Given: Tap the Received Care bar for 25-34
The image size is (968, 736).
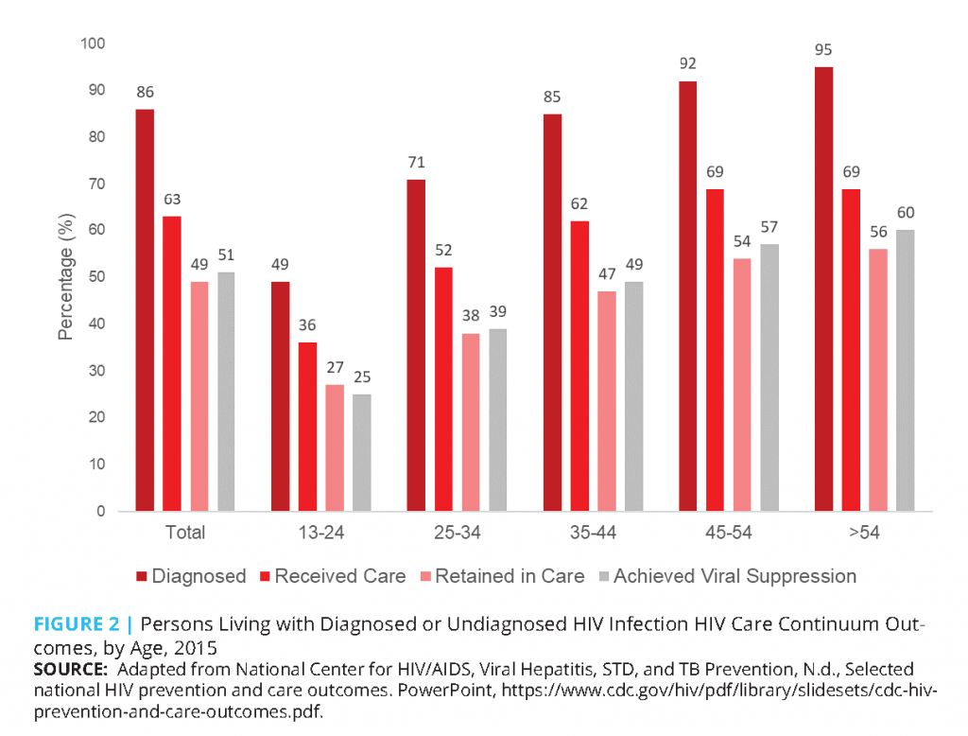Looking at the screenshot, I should (443, 389).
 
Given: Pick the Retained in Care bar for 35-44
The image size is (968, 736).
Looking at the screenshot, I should (606, 401).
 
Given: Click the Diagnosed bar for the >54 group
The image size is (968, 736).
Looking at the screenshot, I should (823, 289).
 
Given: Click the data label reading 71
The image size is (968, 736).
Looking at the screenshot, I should (416, 163).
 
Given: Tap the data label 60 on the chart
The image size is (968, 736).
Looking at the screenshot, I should (906, 212).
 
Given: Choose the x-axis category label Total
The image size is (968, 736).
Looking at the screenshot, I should (185, 533).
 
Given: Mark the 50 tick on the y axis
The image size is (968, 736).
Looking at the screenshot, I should (96, 277).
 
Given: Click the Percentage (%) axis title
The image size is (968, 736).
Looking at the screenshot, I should (66, 277).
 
